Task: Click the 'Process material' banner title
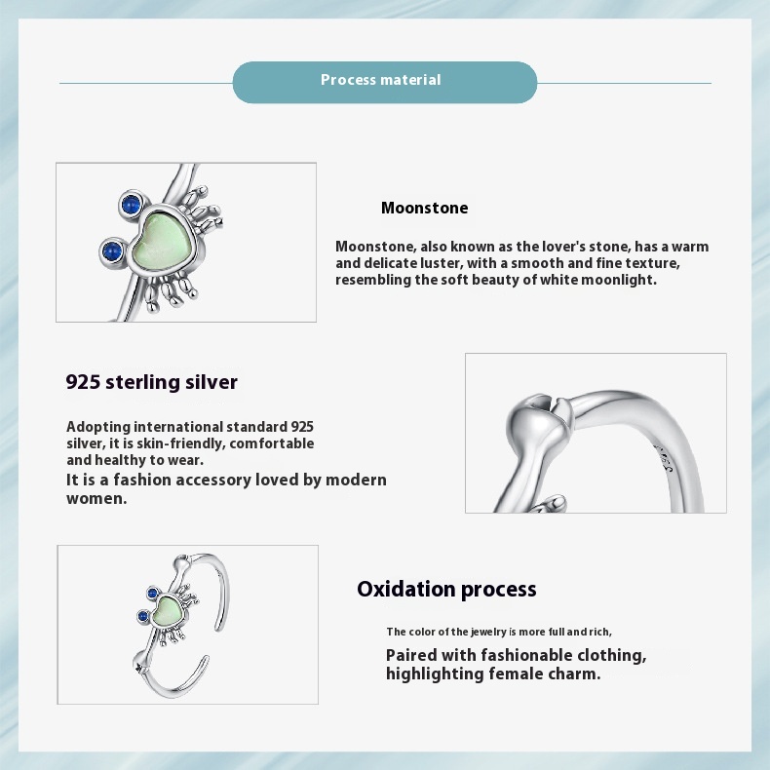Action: pos(380,80)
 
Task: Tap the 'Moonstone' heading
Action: pos(424,208)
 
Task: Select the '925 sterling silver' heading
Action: pos(152,382)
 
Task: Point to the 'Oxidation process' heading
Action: pos(446,590)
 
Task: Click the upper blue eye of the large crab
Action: pos(131,204)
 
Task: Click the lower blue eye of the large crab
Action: pos(112,251)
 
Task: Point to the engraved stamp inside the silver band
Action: pos(664,459)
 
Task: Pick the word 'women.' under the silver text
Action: pos(96,498)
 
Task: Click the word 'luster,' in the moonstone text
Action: pos(442,263)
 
